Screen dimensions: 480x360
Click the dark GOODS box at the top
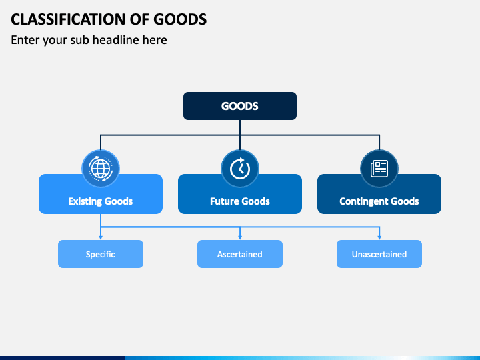pos(240,106)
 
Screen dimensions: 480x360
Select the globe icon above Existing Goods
pos(101,169)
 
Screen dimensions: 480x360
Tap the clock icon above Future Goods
pos(240,169)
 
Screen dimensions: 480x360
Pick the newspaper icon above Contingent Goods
pos(379,169)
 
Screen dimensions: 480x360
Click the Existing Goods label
pos(101,201)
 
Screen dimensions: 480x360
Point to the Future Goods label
pos(240,201)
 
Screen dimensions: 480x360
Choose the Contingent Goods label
pos(379,201)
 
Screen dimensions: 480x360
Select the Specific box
pos(101,254)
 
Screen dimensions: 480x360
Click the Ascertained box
pos(240,254)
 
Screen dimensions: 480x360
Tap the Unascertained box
pos(379,254)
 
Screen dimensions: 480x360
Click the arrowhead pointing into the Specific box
pos(101,237)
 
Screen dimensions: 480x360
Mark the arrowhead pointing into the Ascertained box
pos(240,237)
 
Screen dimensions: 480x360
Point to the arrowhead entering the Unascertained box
pos(379,237)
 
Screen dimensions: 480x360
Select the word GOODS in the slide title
pos(180,19)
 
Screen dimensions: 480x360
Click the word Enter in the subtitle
pos(25,40)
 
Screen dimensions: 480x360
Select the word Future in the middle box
pos(223,201)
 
